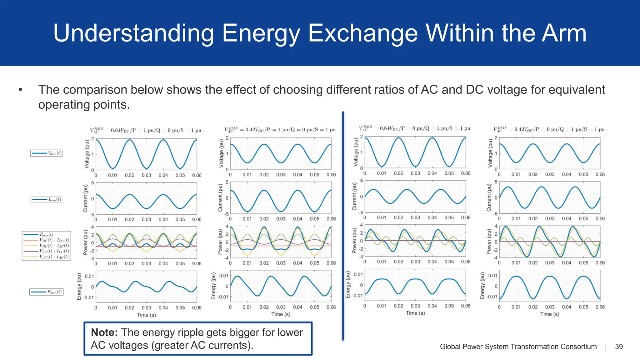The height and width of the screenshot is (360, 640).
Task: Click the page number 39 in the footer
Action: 619,347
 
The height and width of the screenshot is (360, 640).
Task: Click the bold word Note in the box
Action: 104,332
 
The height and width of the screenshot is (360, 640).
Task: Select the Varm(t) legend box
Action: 46,153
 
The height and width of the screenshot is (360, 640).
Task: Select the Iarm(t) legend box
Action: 46,199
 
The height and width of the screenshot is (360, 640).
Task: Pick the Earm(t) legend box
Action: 46,292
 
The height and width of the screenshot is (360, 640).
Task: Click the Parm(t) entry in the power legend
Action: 46,234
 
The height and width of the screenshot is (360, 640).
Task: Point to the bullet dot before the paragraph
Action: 21,90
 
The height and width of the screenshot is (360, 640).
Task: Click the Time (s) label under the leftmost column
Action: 146,315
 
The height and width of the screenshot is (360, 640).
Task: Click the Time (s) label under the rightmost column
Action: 550,314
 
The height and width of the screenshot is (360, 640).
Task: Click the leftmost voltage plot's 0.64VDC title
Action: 146,130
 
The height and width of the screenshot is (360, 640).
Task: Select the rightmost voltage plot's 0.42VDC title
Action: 549,129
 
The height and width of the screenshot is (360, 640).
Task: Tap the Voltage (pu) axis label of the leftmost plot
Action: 87,154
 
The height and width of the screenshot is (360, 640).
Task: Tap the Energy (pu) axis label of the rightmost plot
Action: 482,286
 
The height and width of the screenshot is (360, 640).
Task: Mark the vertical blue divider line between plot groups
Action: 343,225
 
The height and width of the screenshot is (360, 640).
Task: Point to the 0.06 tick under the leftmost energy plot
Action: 197,308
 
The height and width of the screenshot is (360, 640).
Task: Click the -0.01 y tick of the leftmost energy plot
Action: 88,297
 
